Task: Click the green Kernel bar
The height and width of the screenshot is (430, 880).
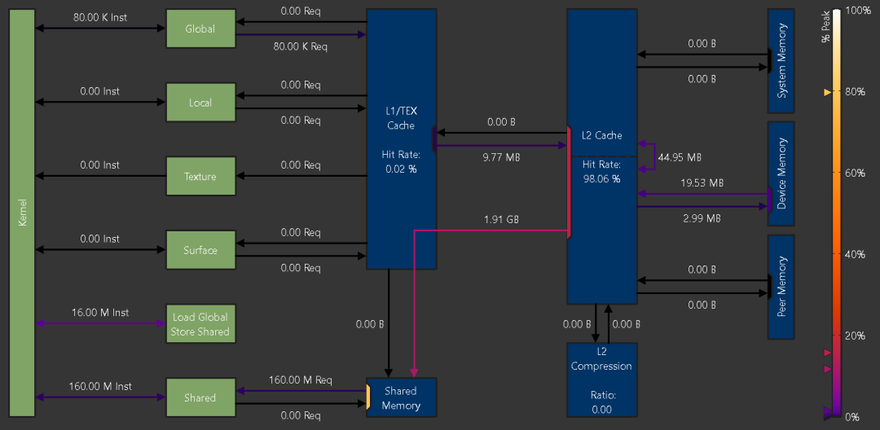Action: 23,213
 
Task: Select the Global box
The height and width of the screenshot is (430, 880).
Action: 200,29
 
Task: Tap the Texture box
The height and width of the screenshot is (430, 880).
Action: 200,176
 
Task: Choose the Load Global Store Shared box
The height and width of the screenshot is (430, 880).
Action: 200,324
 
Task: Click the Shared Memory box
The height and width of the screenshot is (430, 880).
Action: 401,397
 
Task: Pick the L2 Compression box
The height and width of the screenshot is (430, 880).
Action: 601,380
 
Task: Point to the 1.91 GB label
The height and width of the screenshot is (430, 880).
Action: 501,220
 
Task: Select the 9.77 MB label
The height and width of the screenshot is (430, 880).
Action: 500,157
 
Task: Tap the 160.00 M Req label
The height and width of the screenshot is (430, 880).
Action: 301,380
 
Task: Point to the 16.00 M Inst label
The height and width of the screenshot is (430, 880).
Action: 100,313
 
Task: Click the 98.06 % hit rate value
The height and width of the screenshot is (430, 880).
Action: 601,179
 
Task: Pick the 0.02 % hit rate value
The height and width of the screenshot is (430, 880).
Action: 401,169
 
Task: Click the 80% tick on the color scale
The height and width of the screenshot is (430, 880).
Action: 855,91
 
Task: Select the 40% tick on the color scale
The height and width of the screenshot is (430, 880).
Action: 855,254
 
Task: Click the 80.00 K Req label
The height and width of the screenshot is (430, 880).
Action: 300,46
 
